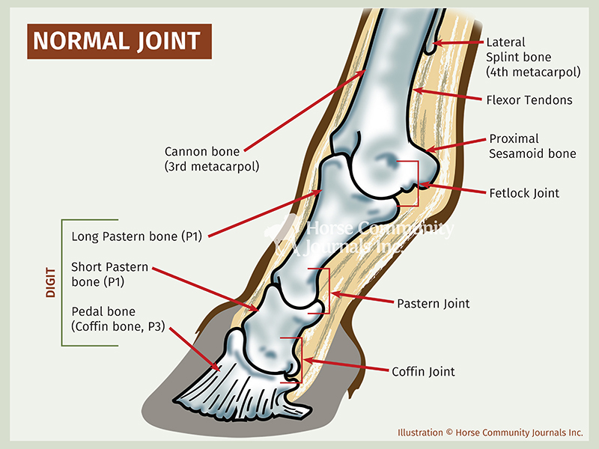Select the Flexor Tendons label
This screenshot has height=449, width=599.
click(529, 100)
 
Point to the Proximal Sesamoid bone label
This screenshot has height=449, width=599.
click(532, 146)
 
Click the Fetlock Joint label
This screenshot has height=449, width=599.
click(524, 193)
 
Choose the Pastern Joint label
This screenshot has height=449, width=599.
click(433, 303)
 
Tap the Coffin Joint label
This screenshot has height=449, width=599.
click(423, 371)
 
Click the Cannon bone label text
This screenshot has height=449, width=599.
click(212, 159)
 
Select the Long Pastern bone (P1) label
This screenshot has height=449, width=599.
click(139, 236)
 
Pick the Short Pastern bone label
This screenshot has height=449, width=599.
click(109, 274)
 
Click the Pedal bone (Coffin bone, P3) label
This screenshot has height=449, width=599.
click(118, 318)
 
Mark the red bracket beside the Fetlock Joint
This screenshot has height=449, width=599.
click(414, 183)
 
